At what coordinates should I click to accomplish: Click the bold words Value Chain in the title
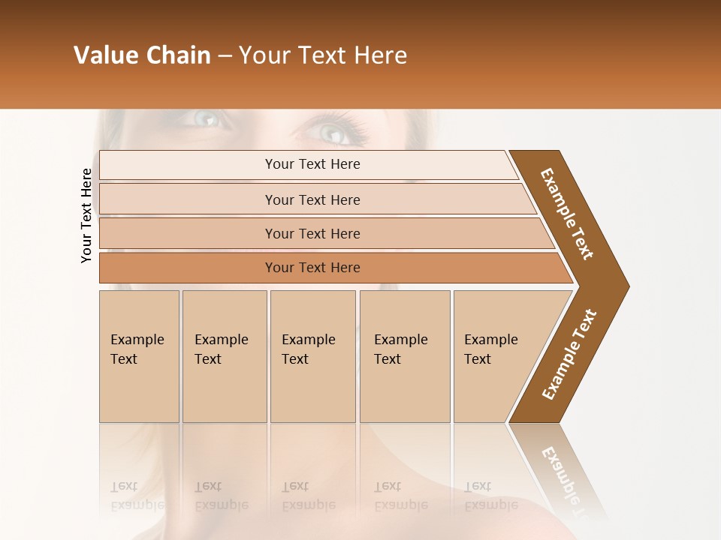142,55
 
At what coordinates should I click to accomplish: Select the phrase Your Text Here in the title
323,55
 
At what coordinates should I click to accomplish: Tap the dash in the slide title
225,56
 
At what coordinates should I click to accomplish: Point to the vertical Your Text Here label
86,215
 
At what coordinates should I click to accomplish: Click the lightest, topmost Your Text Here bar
312,164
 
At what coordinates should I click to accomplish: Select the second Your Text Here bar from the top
312,199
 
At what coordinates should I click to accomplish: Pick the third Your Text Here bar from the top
312,233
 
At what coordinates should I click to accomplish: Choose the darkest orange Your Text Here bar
312,268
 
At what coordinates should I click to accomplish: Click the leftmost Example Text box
139,352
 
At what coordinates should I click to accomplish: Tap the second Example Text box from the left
224,352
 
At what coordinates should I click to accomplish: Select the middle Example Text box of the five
312,352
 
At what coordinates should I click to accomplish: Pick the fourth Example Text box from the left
404,352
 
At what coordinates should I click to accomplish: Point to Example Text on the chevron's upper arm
567,214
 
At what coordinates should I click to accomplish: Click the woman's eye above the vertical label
204,118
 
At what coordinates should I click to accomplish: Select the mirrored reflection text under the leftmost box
137,495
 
